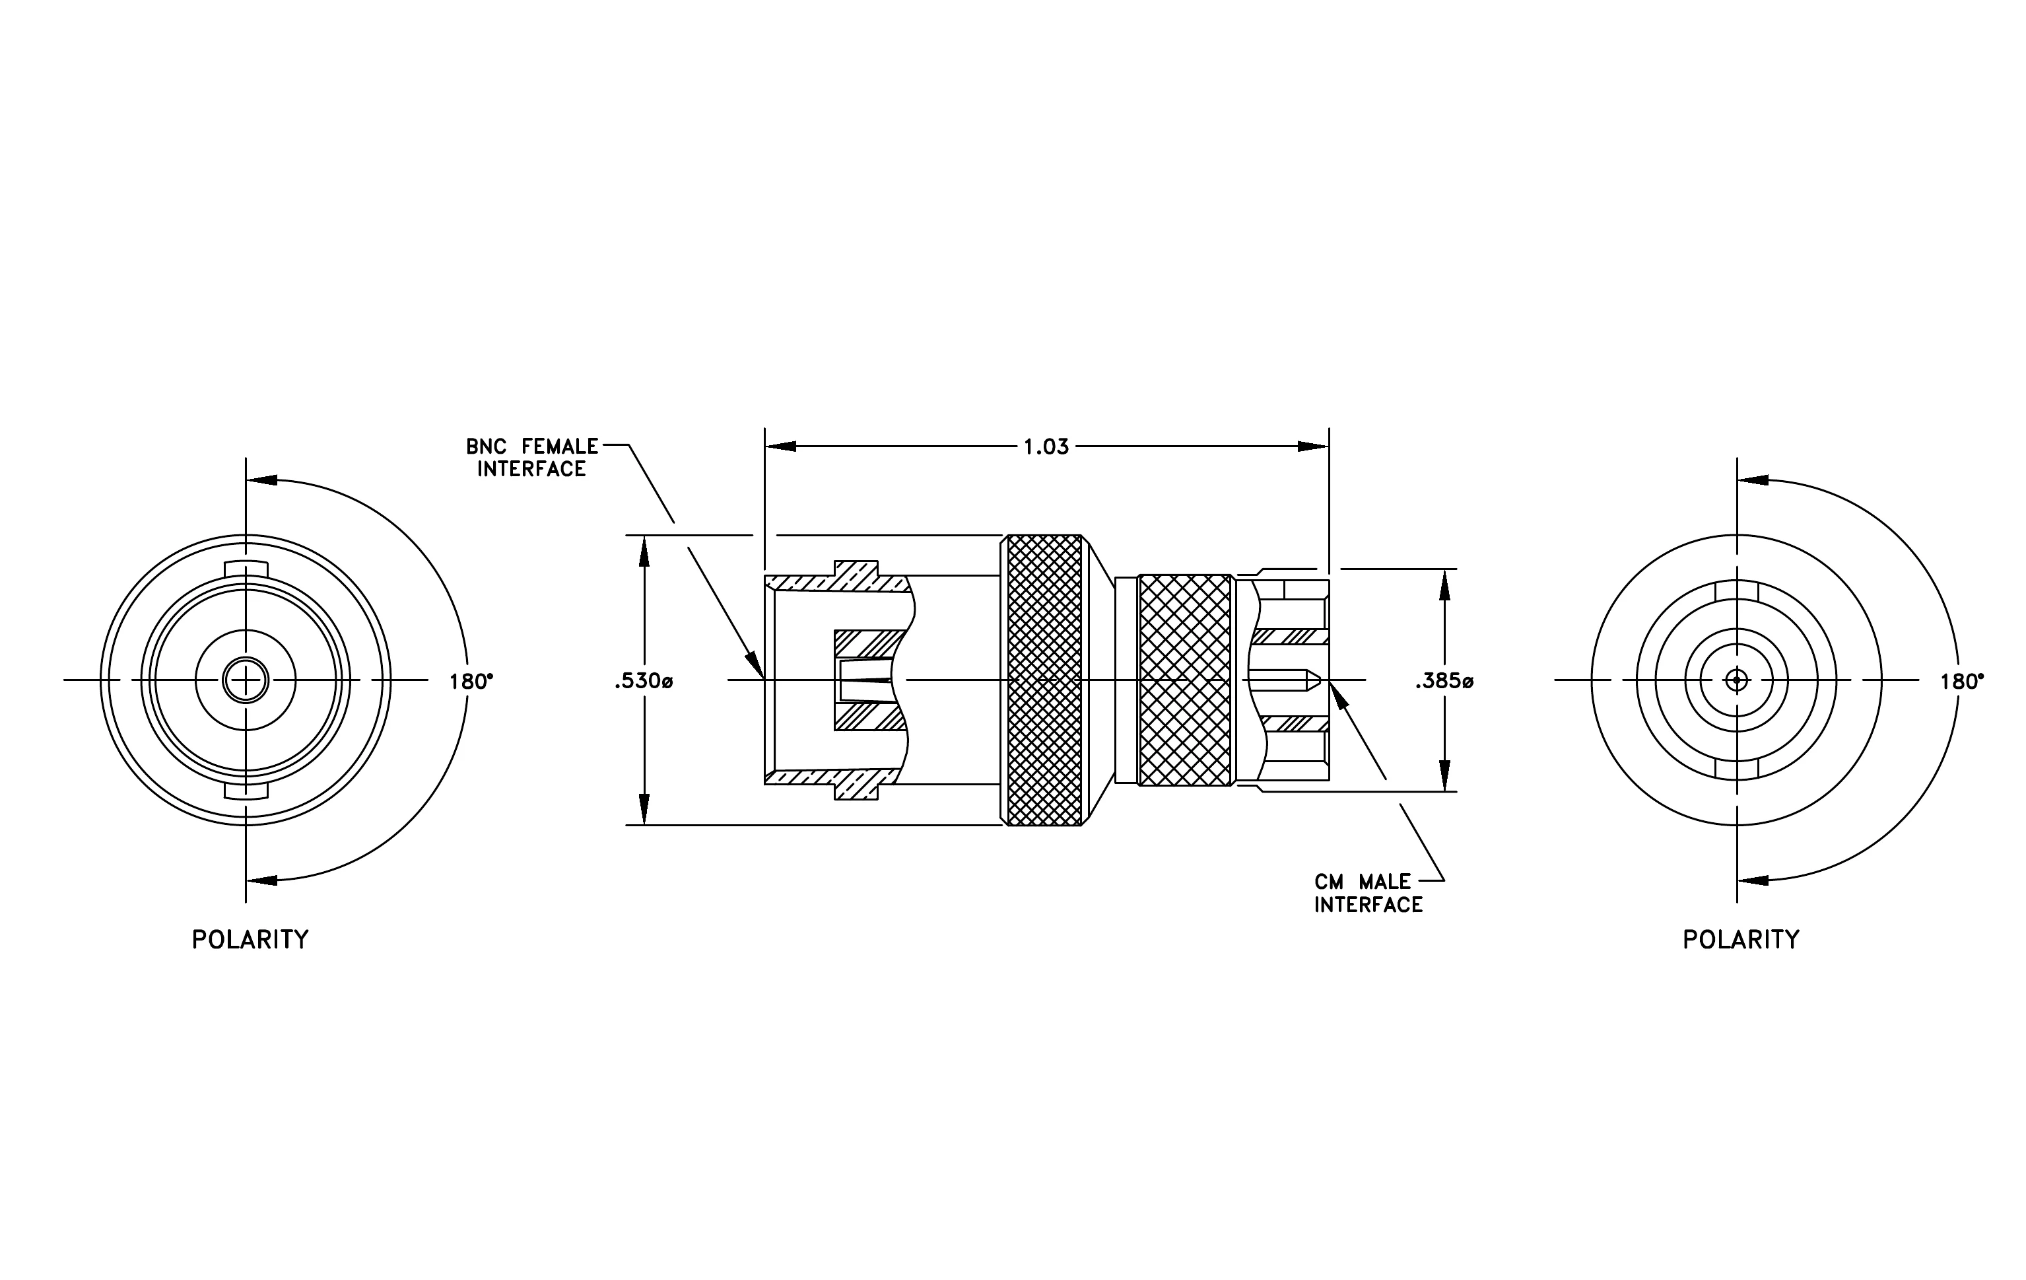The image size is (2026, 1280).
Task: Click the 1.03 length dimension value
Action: click(1046, 447)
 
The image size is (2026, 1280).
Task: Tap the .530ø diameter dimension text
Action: click(644, 681)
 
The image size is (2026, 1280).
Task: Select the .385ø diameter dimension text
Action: click(1444, 681)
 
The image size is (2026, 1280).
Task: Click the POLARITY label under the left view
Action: click(251, 939)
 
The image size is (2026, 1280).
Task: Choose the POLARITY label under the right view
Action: click(1741, 939)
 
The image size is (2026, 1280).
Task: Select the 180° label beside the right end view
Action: click(1962, 681)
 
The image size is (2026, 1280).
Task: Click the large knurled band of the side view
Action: click(1044, 680)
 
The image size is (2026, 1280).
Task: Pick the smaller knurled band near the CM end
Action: click(1184, 680)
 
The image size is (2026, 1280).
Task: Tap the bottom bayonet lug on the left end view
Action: click(246, 791)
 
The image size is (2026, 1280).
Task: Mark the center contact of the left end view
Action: click(246, 680)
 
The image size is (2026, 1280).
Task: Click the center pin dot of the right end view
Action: click(1737, 680)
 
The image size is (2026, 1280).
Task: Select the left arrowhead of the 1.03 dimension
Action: click(780, 446)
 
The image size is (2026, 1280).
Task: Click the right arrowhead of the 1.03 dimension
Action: click(1313, 446)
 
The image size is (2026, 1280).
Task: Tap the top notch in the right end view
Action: click(1737, 590)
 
